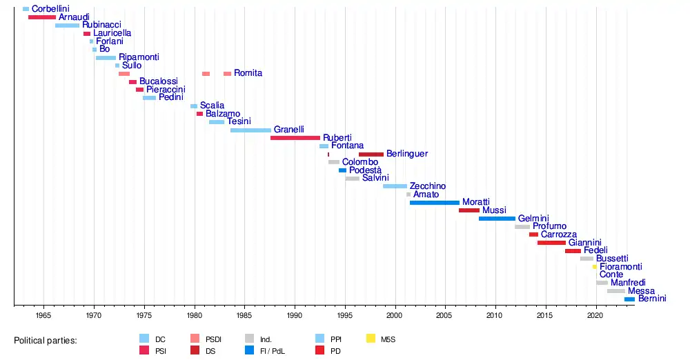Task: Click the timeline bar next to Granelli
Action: pyautogui.click(x=250, y=130)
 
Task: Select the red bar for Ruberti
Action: pyautogui.click(x=295, y=138)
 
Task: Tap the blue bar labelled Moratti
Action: pyautogui.click(x=434, y=203)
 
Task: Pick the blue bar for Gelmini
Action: pyautogui.click(x=497, y=219)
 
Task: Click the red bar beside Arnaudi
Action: pyautogui.click(x=42, y=17)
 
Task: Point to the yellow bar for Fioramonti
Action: pyautogui.click(x=595, y=267)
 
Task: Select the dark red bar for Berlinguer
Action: pyautogui.click(x=371, y=154)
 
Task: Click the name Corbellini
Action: pyautogui.click(x=50, y=9)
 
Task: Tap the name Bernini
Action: pyautogui.click(x=652, y=299)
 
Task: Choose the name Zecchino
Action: pyautogui.click(x=428, y=186)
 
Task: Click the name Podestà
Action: pyautogui.click(x=365, y=170)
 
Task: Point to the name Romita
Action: pyautogui.click(x=248, y=73)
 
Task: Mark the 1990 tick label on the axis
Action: pyautogui.click(x=295, y=315)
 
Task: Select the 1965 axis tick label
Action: pyautogui.click(x=43, y=315)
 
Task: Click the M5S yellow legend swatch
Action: pyautogui.click(x=371, y=339)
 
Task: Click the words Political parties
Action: pyautogui.click(x=46, y=341)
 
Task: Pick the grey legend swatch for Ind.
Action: pyautogui.click(x=250, y=339)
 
